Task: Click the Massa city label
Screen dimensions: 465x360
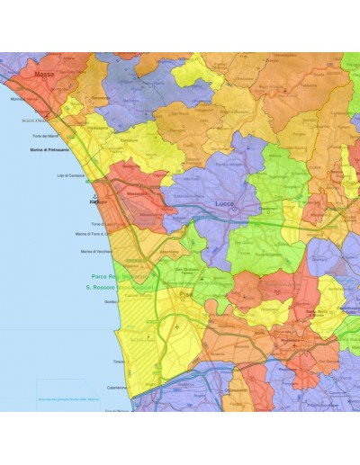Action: tap(41, 76)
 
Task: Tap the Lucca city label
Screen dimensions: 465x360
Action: tap(226, 204)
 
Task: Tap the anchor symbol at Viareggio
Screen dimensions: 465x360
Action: tap(93, 193)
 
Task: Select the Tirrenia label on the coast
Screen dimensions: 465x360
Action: tap(118, 361)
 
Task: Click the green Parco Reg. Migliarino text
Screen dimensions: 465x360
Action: tap(132, 277)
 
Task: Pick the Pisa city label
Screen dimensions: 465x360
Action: tap(186, 294)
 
